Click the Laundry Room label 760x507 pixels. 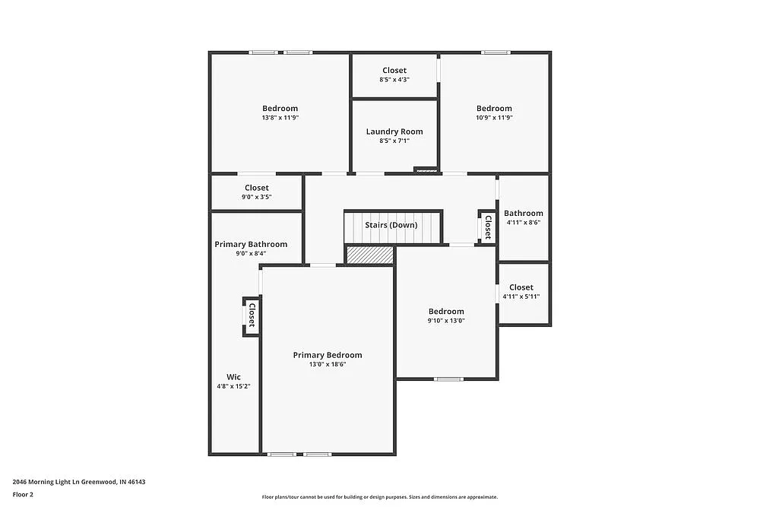pyautogui.click(x=394, y=132)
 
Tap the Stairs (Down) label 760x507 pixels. pyautogui.click(x=391, y=225)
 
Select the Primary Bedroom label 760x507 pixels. pyautogui.click(x=328, y=355)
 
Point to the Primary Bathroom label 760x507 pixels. pyautogui.click(x=251, y=244)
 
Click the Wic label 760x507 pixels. pyautogui.click(x=233, y=376)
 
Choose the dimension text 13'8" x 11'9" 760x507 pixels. pyautogui.click(x=280, y=118)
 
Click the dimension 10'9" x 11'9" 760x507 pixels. pyautogui.click(x=494, y=118)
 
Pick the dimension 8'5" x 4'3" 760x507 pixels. pyautogui.click(x=394, y=80)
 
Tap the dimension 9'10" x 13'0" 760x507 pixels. pyautogui.click(x=446, y=321)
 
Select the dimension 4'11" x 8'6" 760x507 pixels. pyautogui.click(x=524, y=223)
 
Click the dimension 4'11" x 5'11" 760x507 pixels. pyautogui.click(x=521, y=296)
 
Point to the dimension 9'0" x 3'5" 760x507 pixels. pyautogui.click(x=256, y=197)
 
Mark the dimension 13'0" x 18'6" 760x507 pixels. pyautogui.click(x=328, y=364)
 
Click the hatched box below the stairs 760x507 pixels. pyautogui.click(x=370, y=255)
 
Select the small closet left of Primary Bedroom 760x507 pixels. pyautogui.click(x=251, y=315)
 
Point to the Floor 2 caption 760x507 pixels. pyautogui.click(x=23, y=494)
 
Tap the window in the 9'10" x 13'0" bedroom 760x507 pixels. pyautogui.click(x=448, y=379)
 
